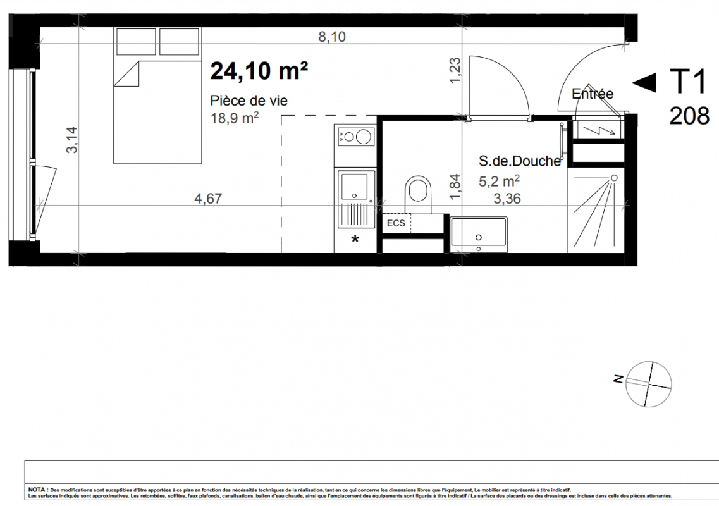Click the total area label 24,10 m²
(259, 71)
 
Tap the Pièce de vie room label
(249, 101)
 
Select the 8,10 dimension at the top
(332, 37)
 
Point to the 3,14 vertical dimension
(72, 140)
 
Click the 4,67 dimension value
(208, 199)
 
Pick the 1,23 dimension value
(455, 70)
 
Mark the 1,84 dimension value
(455, 187)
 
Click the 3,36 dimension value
(507, 199)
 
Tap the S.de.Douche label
(520, 161)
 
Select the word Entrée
(593, 94)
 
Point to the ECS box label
(396, 223)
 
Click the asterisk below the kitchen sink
(355, 239)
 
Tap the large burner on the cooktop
(364, 136)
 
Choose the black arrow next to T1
(644, 83)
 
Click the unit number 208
(689, 116)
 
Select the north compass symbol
(648, 384)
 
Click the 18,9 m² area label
(235, 118)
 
